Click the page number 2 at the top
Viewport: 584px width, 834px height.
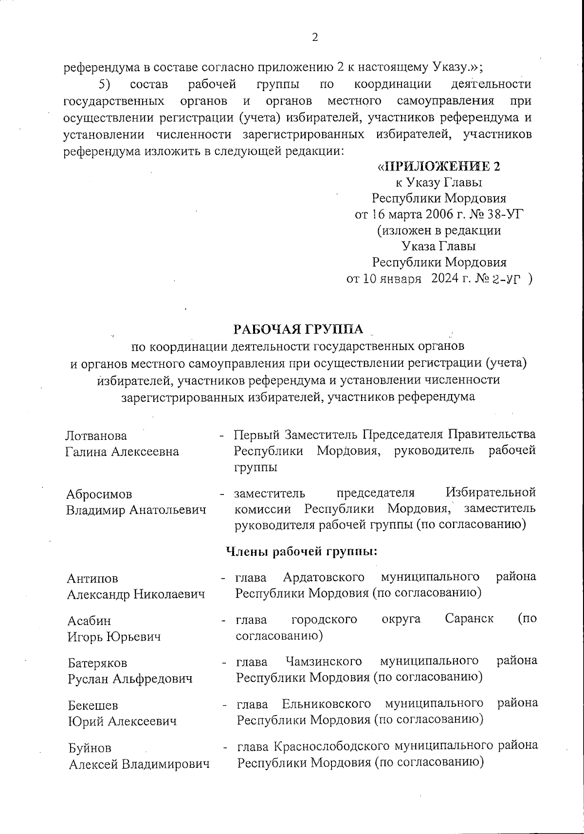click(x=315, y=38)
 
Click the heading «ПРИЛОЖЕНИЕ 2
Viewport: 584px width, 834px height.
click(x=439, y=167)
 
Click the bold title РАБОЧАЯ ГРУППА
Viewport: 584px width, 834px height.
click(x=298, y=329)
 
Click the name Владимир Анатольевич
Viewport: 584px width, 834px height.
click(x=136, y=510)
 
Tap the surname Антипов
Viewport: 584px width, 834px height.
click(x=92, y=578)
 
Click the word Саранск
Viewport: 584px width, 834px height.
click(x=469, y=619)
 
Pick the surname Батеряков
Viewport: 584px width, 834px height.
click(x=97, y=663)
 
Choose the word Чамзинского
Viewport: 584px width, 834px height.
click(x=324, y=661)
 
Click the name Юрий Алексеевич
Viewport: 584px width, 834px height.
click(x=122, y=721)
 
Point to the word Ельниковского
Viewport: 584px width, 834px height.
click(x=327, y=703)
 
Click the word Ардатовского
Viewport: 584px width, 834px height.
click(x=324, y=577)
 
